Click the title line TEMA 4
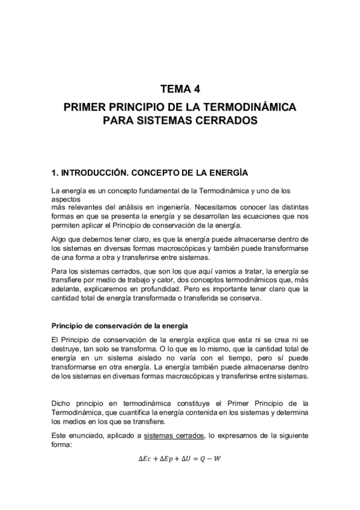pyautogui.click(x=180, y=90)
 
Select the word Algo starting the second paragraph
pyautogui.click(x=60, y=239)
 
